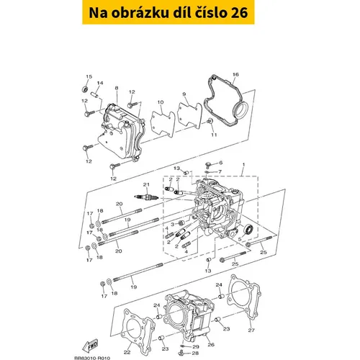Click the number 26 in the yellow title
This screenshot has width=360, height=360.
(x=239, y=13)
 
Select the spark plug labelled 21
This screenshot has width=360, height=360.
(x=146, y=197)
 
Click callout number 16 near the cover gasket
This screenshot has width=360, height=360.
(x=235, y=74)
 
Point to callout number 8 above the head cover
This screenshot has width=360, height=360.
(x=117, y=88)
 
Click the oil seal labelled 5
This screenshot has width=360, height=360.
(x=248, y=230)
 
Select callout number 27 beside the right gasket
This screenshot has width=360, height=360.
(x=251, y=330)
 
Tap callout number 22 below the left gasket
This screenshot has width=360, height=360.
(x=127, y=352)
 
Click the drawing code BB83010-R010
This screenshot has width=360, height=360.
(x=92, y=358)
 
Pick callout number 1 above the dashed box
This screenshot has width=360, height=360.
(x=243, y=165)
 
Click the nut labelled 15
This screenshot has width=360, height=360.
(x=85, y=89)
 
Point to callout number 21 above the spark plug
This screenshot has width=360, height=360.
(x=146, y=184)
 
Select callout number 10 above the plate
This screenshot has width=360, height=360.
(x=161, y=102)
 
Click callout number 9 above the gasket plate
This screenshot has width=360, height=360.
(x=184, y=94)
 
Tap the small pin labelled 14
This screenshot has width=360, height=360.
(x=94, y=94)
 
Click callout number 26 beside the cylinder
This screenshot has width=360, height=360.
(x=211, y=345)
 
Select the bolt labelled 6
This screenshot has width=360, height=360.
(x=207, y=165)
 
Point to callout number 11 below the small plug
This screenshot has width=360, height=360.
(x=214, y=135)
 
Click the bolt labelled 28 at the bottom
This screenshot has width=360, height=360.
(x=182, y=353)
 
